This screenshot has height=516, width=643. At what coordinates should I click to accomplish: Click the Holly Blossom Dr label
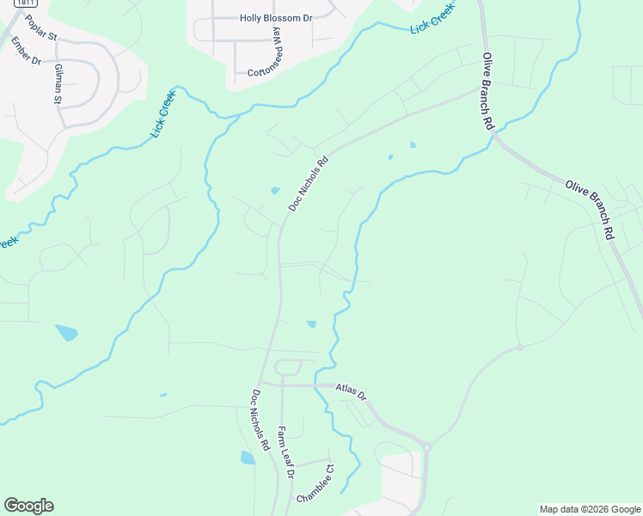click(276, 17)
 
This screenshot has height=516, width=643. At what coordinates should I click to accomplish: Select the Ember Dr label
click(26, 54)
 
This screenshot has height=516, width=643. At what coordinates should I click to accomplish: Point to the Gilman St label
click(58, 84)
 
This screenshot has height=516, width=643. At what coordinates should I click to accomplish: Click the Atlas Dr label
click(351, 391)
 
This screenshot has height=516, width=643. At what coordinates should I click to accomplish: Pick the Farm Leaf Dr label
click(286, 451)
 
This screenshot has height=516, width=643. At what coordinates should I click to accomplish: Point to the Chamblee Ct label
click(315, 485)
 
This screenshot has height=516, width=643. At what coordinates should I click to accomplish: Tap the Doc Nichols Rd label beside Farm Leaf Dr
click(260, 421)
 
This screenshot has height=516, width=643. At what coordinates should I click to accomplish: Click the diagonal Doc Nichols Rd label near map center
click(309, 184)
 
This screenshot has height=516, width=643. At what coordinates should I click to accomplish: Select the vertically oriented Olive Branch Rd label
click(488, 91)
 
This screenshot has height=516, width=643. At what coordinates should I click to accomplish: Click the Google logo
click(28, 506)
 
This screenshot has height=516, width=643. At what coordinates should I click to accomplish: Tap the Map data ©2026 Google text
click(589, 509)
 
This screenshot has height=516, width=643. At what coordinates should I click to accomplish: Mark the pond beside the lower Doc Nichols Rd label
click(248, 458)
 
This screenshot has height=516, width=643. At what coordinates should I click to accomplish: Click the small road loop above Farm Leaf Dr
click(288, 369)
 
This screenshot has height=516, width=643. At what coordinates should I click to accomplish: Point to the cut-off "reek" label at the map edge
click(7, 243)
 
